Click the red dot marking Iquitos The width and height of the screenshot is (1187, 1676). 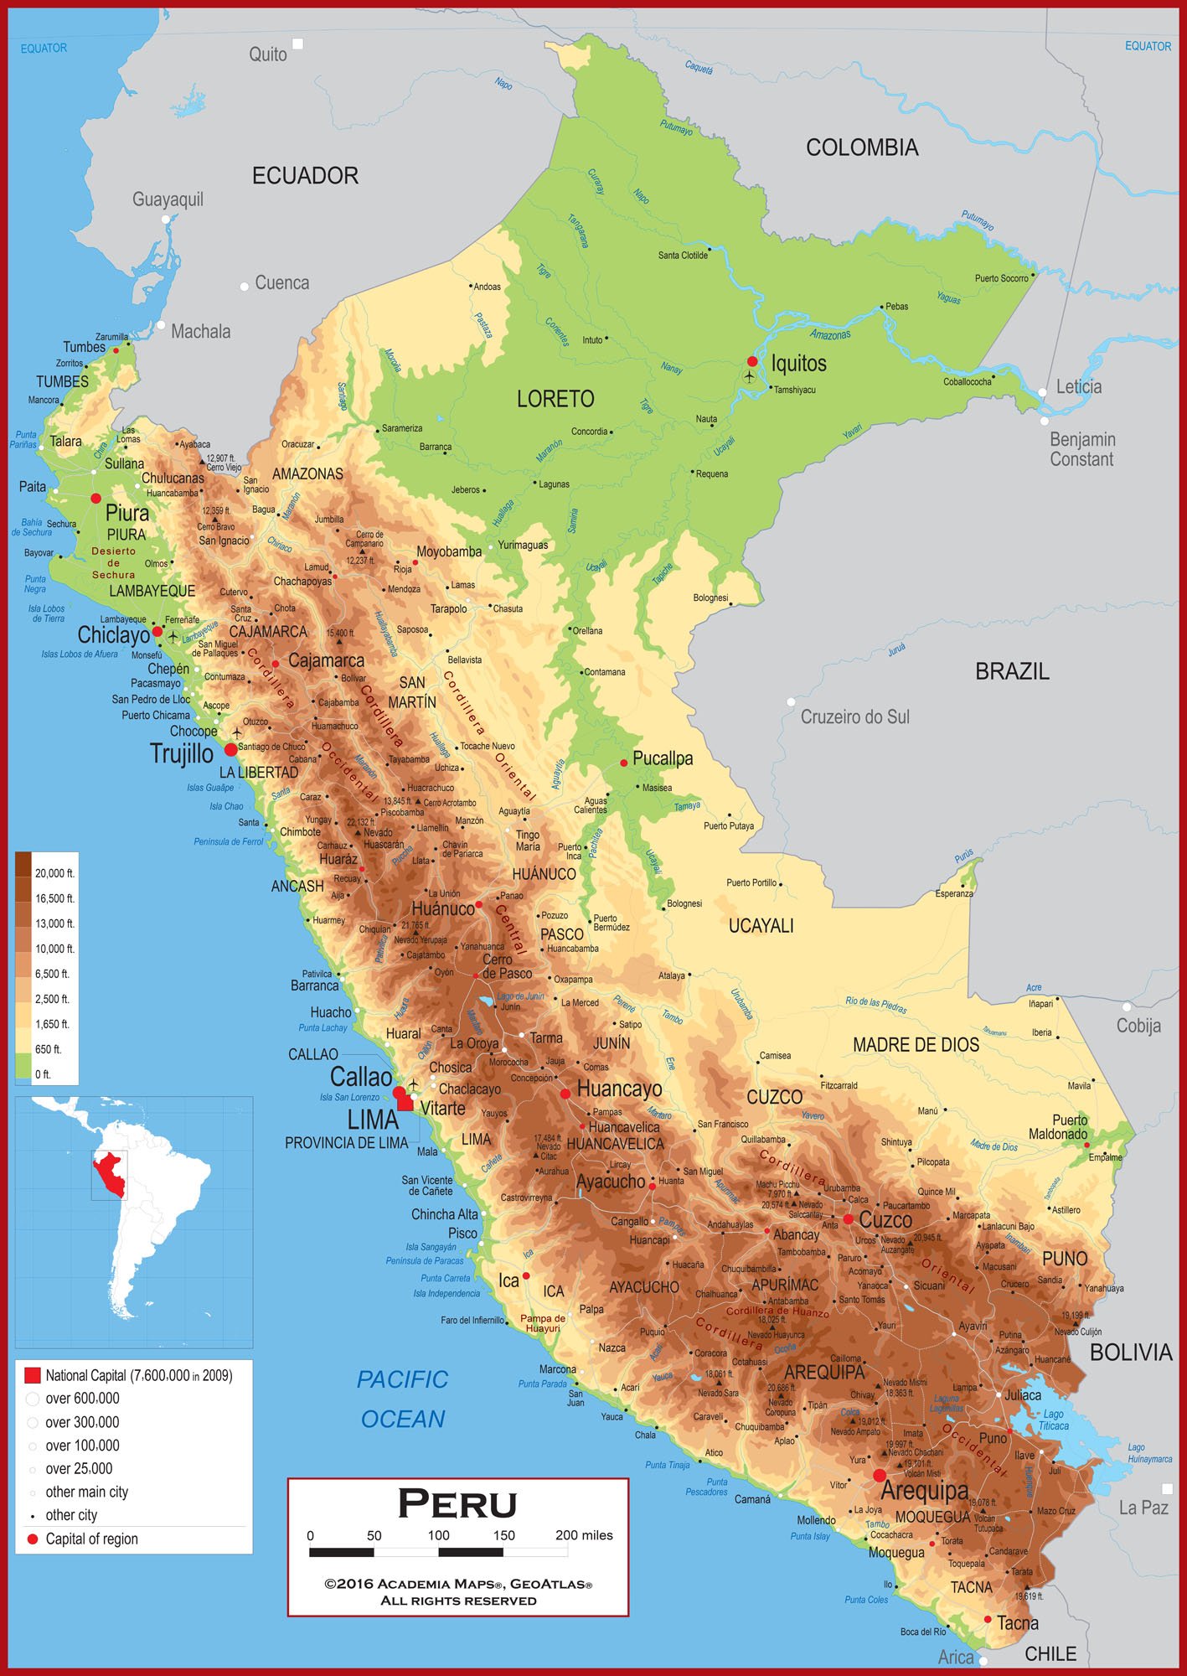[x=752, y=361]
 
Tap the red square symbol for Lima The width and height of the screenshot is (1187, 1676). [x=405, y=1103]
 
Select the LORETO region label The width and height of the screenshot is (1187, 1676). [x=555, y=399]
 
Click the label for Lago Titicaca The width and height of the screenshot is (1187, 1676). [x=1053, y=1420]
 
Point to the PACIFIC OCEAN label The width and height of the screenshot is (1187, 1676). [x=403, y=1399]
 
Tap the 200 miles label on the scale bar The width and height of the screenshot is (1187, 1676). [x=584, y=1535]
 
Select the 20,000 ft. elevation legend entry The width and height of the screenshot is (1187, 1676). [x=54, y=873]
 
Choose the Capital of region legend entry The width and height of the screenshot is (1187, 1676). [x=91, y=1539]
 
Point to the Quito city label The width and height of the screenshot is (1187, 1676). [x=268, y=54]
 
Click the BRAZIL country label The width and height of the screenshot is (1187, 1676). [x=1012, y=671]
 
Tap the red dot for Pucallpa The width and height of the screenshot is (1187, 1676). [x=623, y=763]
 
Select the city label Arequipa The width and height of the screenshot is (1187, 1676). [x=924, y=1491]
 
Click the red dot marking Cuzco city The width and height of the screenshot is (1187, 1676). [x=848, y=1219]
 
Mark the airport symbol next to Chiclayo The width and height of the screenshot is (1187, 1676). [x=173, y=637]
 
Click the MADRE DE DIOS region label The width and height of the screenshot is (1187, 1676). [x=916, y=1045]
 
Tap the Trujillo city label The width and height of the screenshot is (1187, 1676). [x=182, y=753]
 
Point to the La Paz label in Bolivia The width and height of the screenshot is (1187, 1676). [x=1143, y=1508]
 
